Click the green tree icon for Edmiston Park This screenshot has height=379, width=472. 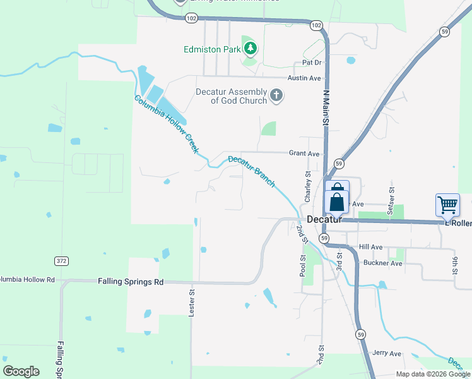[x=251, y=48]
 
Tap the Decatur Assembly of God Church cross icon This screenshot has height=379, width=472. [x=276, y=96]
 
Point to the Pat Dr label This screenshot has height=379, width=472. [x=312, y=63]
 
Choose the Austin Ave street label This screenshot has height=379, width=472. [x=304, y=78]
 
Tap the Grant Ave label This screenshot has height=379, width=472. [x=304, y=153]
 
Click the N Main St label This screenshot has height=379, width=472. [x=326, y=107]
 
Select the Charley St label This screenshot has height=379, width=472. [x=308, y=184]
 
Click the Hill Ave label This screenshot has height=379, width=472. [x=370, y=247]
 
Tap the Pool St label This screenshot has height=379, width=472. [x=303, y=266]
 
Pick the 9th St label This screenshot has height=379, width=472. [x=454, y=262]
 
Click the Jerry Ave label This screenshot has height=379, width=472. [x=387, y=353]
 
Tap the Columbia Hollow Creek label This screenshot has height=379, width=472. [x=167, y=124]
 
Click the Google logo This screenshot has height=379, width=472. [x=21, y=371]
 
